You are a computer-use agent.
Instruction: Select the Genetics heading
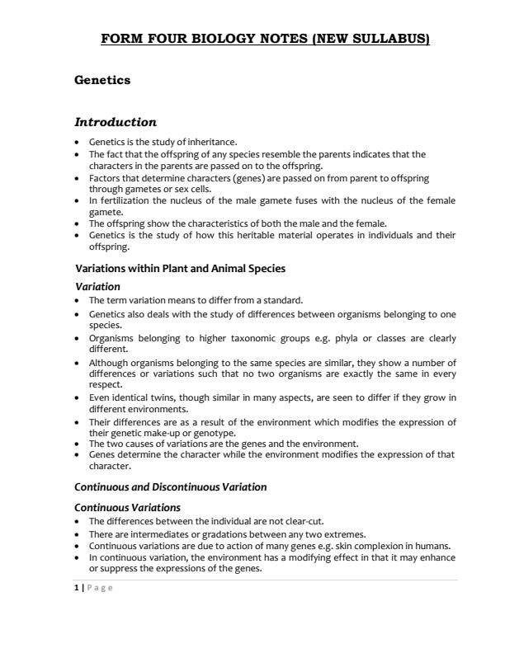(102, 80)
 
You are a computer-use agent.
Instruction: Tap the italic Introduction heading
(116, 122)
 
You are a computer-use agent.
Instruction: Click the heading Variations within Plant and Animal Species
(180, 269)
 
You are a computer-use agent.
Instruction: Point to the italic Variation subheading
(97, 287)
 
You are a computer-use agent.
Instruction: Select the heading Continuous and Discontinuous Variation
(171, 486)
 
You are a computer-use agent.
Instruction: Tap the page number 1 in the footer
(77, 587)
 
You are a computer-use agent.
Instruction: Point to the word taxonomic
(241, 338)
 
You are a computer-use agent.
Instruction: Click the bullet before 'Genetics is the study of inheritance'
(78, 143)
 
